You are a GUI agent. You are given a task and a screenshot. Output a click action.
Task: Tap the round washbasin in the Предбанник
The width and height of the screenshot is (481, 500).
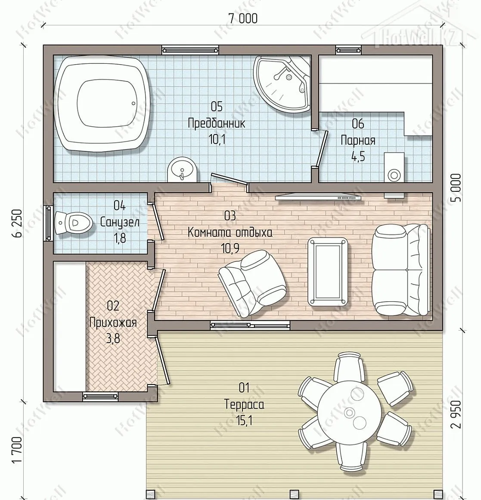pyautogui.click(x=183, y=170)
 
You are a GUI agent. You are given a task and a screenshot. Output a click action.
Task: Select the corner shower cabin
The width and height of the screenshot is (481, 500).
pyautogui.click(x=282, y=84)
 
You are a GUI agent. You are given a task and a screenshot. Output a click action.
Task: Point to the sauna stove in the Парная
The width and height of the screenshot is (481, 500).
pyautogui.click(x=394, y=167)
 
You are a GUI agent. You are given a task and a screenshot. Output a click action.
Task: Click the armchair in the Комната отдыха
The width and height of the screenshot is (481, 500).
pyautogui.click(x=252, y=281)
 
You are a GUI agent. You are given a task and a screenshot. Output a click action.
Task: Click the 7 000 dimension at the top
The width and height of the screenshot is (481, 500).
pyautogui.click(x=243, y=19)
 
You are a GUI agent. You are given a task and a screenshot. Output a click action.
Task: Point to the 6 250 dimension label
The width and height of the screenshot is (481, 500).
pyautogui.click(x=18, y=223)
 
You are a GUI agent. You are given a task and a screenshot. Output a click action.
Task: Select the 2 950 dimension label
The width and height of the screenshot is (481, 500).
pyautogui.click(x=456, y=414)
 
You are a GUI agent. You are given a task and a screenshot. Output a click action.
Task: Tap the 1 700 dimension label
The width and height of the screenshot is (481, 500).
pyautogui.click(x=18, y=450)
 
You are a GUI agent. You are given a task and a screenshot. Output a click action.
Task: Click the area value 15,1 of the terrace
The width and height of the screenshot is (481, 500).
pyautogui.click(x=244, y=421)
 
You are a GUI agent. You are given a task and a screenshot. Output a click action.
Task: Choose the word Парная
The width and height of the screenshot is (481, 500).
pyautogui.click(x=358, y=140)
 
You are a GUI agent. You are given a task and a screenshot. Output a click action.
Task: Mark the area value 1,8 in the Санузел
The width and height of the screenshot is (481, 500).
pyautogui.click(x=119, y=238)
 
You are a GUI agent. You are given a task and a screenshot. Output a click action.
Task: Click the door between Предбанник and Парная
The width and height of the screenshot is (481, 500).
pyautogui.click(x=320, y=149)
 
